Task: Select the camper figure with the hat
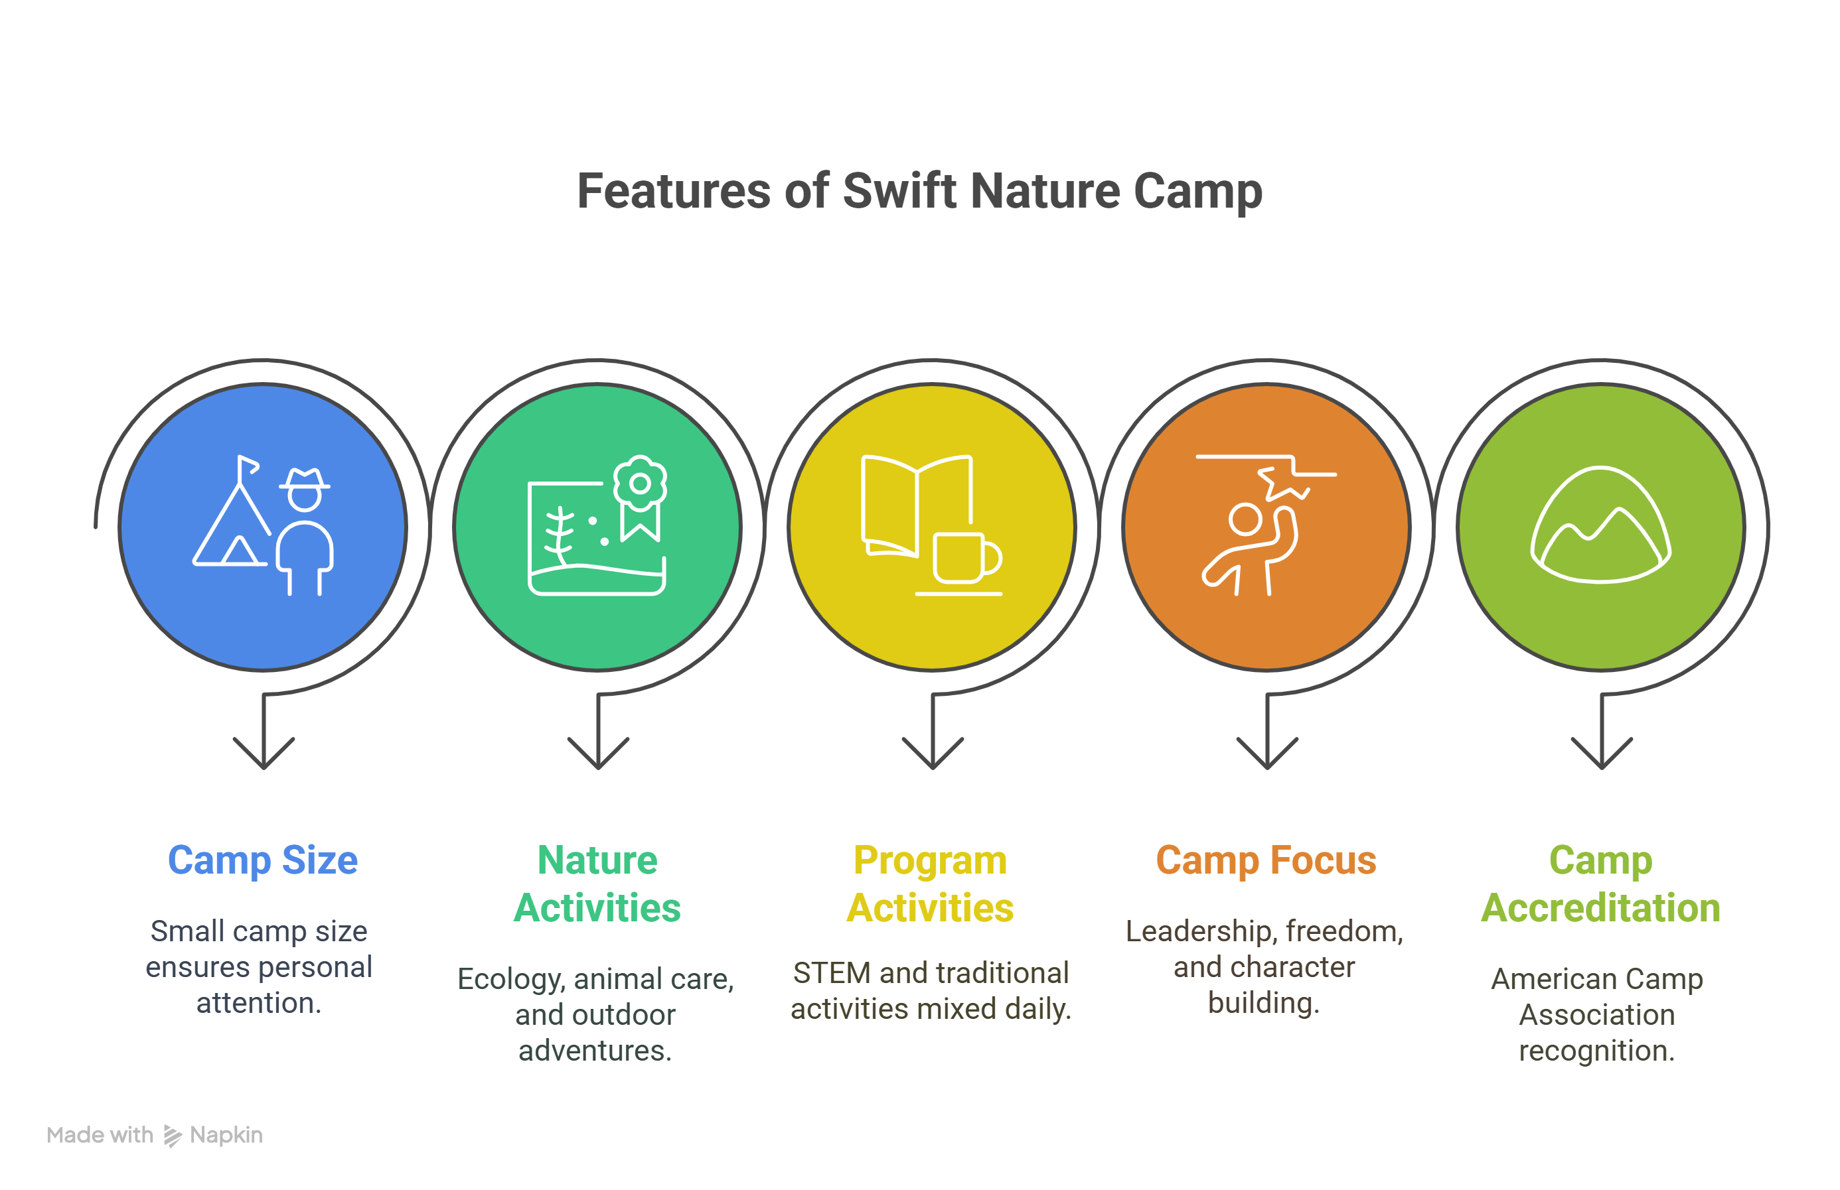pos(305,531)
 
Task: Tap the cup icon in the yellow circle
pos(967,557)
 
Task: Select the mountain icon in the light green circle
pos(1600,525)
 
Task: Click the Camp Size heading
pos(263,861)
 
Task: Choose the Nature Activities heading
pos(597,884)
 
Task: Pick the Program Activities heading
pos(930,884)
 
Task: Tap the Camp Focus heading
pos(1266,860)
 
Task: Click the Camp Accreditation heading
pos(1600,884)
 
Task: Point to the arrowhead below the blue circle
pos(264,753)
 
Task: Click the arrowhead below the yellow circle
pos(933,753)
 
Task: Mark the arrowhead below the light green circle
pos(1601,753)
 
